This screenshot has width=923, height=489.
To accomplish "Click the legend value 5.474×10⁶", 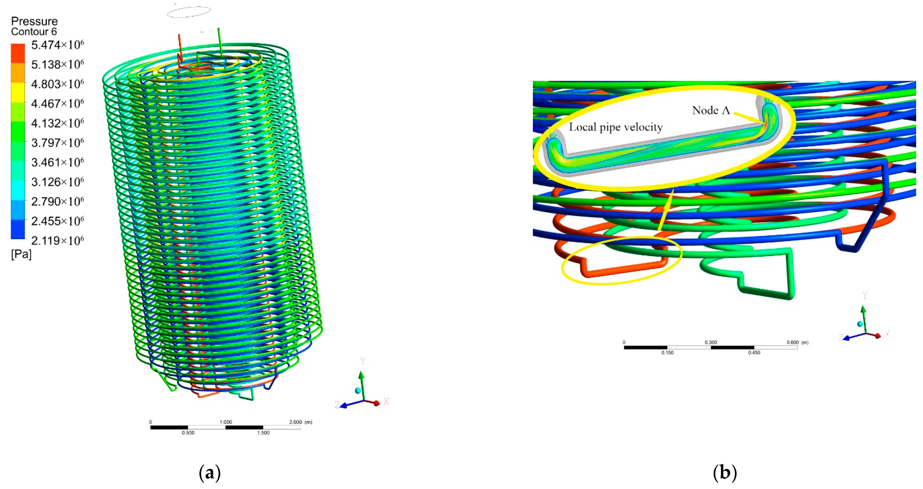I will point(57,45).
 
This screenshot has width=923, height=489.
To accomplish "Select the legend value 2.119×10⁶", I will point(57,240).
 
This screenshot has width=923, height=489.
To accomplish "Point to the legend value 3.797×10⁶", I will point(57,143).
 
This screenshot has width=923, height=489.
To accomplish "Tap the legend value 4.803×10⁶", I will point(57,84).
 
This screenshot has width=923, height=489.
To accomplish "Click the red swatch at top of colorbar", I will point(18,53).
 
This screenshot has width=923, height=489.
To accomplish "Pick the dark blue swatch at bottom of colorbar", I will point(18,229).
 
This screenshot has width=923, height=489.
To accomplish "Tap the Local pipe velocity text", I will point(616,127).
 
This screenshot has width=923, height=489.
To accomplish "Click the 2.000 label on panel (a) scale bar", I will point(296,422).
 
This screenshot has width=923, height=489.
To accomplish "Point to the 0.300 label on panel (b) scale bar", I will point(711,342).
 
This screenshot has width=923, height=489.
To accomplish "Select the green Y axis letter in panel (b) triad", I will point(864,296).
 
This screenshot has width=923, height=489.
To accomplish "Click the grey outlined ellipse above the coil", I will point(189,12).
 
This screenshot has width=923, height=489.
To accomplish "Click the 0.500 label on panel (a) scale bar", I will point(188,433).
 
